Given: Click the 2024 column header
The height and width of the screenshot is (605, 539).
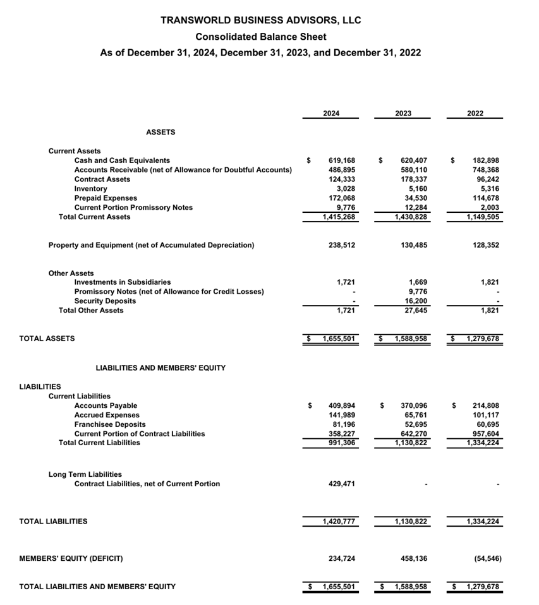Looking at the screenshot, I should click(x=331, y=113).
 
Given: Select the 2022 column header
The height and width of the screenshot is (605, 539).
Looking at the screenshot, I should click(x=475, y=113).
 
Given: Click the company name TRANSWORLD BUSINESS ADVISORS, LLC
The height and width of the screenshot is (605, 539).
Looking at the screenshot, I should click(x=261, y=20).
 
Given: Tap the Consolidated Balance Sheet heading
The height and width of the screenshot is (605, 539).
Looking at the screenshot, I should click(x=261, y=37).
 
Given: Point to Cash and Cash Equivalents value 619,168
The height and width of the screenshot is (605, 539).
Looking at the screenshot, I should click(x=342, y=160).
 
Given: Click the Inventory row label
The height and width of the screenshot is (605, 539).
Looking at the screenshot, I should click(x=90, y=188).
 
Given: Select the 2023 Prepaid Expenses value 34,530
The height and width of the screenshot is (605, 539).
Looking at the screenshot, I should click(x=415, y=198).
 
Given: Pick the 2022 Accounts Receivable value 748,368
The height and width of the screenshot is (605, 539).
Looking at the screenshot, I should click(x=486, y=170).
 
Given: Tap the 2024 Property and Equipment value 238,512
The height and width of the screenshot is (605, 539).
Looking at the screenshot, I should click(x=342, y=245).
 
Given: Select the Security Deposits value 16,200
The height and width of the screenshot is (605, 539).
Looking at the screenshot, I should click(x=415, y=301).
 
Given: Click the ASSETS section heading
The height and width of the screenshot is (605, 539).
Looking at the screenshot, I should click(x=160, y=132).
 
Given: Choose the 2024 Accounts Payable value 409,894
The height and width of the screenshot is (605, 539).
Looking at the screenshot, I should click(x=342, y=405).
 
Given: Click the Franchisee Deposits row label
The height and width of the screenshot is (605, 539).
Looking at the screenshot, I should click(x=110, y=424).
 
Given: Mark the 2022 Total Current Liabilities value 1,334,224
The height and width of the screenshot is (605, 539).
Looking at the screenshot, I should click(x=483, y=443).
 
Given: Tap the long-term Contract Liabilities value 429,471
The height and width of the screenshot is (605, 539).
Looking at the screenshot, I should click(x=342, y=484).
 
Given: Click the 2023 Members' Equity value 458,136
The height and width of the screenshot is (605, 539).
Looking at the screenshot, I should click(x=414, y=558).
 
